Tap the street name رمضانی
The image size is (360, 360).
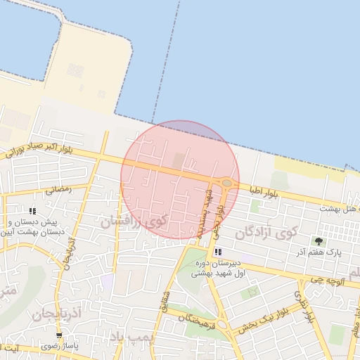(58, 190)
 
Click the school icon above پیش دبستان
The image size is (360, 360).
(32, 211)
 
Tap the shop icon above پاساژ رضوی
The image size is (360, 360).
(59, 335)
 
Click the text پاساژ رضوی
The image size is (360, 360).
(59, 346)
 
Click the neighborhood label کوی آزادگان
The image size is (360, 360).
(266, 232)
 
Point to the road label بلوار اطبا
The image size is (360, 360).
(264, 191)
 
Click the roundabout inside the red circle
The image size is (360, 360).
(227, 183)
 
